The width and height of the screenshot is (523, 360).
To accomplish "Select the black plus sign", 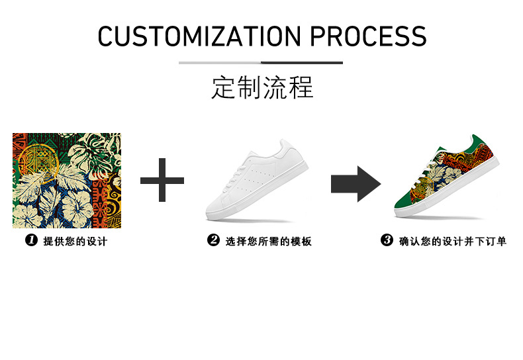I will [x=162, y=180].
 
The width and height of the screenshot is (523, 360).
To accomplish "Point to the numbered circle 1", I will [x=30, y=241].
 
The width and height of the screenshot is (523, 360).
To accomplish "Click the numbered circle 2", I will [x=213, y=241].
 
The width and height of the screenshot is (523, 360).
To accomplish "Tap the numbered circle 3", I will [x=387, y=241].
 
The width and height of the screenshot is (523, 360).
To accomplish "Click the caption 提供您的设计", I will [x=75, y=242].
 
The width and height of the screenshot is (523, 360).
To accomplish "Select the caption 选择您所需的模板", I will [x=269, y=242].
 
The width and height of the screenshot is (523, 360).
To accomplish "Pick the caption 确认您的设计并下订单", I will [x=453, y=242].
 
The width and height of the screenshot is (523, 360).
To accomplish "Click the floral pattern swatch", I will [x=67, y=180].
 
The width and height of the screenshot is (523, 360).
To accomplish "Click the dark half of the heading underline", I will [x=302, y=63].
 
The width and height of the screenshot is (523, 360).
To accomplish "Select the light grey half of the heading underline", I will [x=220, y=63].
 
